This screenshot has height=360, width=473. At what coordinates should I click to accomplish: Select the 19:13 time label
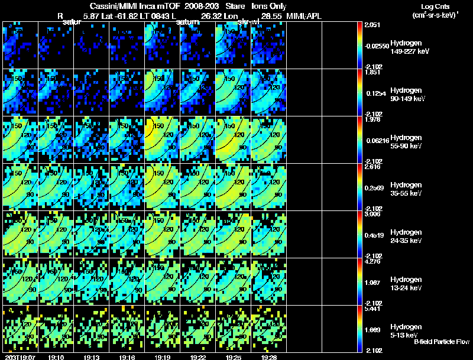click(x=91, y=357)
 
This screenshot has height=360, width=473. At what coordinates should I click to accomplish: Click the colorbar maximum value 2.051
click(x=372, y=25)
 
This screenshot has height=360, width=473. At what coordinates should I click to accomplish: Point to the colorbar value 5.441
click(x=372, y=309)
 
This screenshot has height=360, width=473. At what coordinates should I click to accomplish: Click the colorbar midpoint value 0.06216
click(x=375, y=140)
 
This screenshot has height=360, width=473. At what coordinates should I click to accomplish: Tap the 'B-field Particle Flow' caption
click(x=441, y=342)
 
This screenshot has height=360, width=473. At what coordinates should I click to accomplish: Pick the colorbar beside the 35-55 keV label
click(x=361, y=187)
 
